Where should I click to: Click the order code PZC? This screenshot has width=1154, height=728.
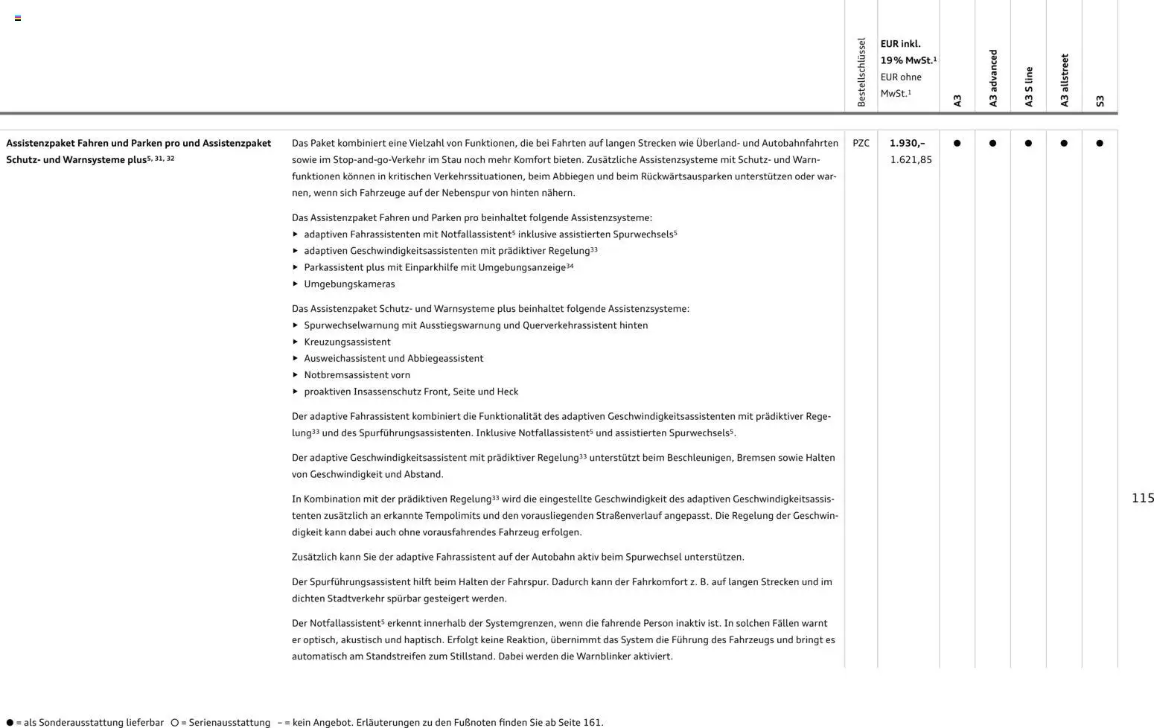[x=861, y=143]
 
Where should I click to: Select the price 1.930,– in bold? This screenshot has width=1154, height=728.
[x=907, y=143]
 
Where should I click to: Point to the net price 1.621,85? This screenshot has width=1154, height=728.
[x=911, y=159]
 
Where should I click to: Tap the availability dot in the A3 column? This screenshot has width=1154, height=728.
[x=957, y=143]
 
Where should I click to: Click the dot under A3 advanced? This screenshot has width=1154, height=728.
[x=992, y=143]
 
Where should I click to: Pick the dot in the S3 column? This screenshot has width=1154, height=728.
[x=1100, y=143]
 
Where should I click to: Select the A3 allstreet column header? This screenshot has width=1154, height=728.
[x=1065, y=80]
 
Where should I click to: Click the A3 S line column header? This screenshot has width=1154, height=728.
[x=1029, y=86]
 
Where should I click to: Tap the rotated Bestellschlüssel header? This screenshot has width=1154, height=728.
[x=861, y=72]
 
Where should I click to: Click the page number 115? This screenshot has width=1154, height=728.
[x=1142, y=498]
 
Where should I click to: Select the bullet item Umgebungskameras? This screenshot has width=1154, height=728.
[x=349, y=284]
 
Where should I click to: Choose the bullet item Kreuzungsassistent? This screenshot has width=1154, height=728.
[x=347, y=342]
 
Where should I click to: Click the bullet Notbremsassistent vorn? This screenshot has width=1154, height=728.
[x=357, y=374]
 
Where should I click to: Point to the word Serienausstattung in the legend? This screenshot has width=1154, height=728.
[x=229, y=722]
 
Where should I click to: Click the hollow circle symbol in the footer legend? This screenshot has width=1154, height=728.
[x=175, y=722]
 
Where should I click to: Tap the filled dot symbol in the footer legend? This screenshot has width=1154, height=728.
[x=10, y=722]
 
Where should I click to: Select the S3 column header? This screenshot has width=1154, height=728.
[x=1100, y=100]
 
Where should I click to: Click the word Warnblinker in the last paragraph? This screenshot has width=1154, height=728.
[x=604, y=656]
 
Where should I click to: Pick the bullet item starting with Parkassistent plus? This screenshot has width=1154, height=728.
[x=438, y=267]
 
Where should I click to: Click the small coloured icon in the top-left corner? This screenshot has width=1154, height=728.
[x=18, y=18]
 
